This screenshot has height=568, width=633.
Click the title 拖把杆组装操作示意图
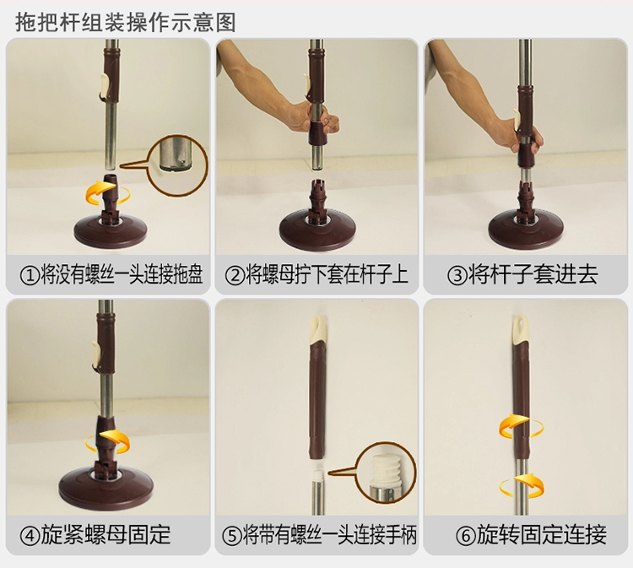(x=126, y=22)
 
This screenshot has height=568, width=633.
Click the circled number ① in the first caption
(x=30, y=275)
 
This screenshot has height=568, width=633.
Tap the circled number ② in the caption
(x=235, y=275)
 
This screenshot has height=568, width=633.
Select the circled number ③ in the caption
(x=457, y=275)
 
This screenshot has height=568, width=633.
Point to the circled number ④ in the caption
(x=30, y=536)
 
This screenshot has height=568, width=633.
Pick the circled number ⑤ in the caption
(x=232, y=536)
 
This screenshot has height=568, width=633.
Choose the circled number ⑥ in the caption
(x=465, y=536)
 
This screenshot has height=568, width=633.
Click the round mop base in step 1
(x=111, y=230)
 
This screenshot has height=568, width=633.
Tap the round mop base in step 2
(x=317, y=229)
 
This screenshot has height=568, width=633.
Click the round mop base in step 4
(x=105, y=484)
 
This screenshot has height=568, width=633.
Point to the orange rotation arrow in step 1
(x=108, y=193)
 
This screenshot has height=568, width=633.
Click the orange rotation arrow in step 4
(x=108, y=443)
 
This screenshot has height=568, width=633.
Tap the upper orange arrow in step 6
(x=522, y=427)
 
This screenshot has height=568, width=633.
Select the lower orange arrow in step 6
(x=522, y=485)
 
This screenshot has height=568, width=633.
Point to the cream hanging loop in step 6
(x=521, y=329)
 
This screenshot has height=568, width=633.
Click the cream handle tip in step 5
(x=317, y=328)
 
